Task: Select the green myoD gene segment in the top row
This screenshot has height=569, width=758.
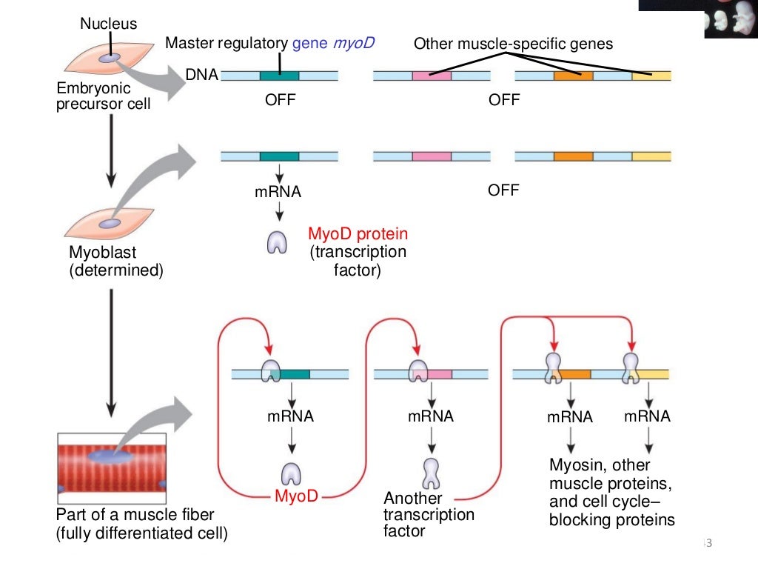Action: (x=279, y=76)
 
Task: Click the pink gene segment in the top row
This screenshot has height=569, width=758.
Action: (x=432, y=76)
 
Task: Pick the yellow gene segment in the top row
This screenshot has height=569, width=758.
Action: (x=651, y=76)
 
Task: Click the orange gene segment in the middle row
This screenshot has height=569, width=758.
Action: (x=573, y=156)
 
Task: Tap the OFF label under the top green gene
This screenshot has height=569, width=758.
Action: (x=280, y=100)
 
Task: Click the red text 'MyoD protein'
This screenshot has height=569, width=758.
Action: (x=358, y=235)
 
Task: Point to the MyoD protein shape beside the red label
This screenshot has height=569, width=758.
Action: (x=278, y=242)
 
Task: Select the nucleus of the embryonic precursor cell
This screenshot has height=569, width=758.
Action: (x=110, y=57)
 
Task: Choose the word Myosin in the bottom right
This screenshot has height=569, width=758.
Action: (x=574, y=465)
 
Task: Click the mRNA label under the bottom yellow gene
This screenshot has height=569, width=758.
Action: (x=647, y=416)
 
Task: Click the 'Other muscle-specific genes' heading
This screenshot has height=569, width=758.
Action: (x=513, y=44)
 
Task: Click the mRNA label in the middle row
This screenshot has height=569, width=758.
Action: (x=278, y=192)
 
